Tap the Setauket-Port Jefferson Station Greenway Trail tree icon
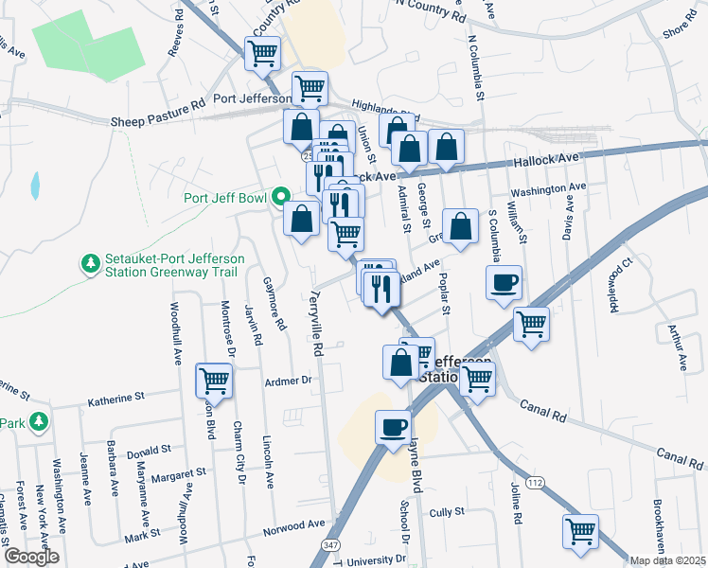pos(91,264)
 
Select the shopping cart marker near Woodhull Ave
pos(214,382)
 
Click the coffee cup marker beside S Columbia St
pos(504,281)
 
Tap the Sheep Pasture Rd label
pos(158,121)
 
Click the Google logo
pos(30,557)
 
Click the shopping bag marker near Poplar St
pos(461,227)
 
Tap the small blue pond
pos(35,186)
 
